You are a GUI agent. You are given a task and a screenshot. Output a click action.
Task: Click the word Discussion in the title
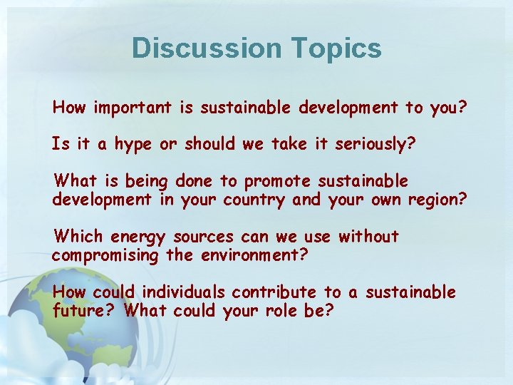pyautogui.click(x=207, y=48)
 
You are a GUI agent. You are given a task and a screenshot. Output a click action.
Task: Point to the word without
pyautogui.click(x=368, y=236)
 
